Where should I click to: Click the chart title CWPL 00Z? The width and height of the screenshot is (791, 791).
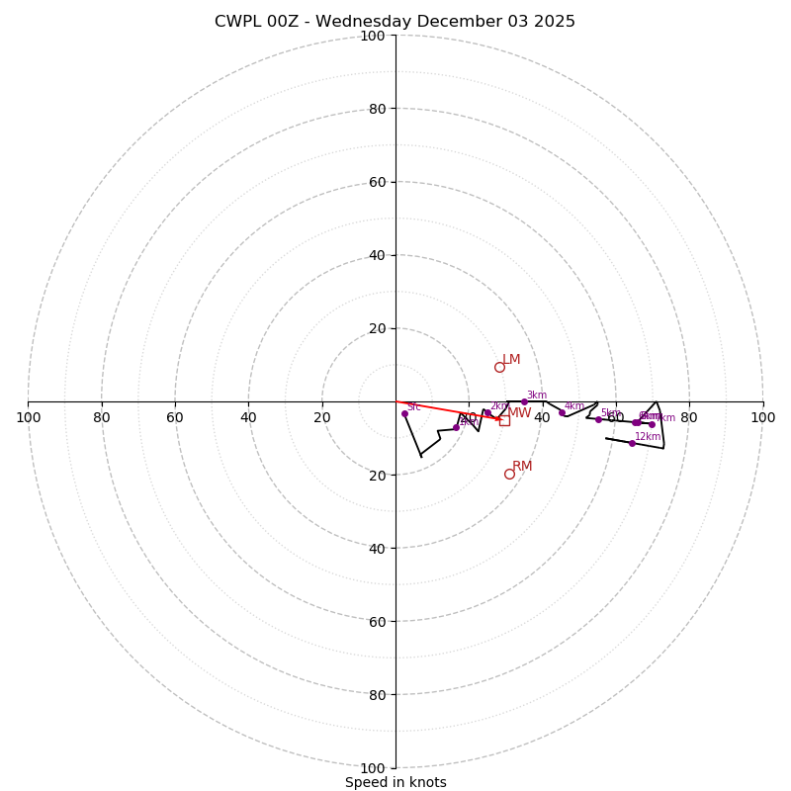[x=395, y=22]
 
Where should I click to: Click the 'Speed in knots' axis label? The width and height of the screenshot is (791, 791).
[x=395, y=782]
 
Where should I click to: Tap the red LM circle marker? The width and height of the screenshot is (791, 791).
[x=499, y=367]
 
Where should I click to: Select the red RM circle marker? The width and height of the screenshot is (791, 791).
[x=509, y=474]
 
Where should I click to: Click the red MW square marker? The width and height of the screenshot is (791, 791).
[x=504, y=420]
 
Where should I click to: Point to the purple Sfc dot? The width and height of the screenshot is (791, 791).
[x=404, y=413]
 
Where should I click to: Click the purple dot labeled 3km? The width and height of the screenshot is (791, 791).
[x=524, y=401]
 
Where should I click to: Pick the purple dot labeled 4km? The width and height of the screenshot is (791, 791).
[x=562, y=412]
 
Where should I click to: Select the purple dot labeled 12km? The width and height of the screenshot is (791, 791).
[x=632, y=443]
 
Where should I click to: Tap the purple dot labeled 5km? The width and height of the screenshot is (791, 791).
[x=598, y=419]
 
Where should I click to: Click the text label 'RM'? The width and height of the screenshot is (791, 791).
[x=522, y=466]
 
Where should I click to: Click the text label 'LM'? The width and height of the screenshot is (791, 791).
[x=511, y=360]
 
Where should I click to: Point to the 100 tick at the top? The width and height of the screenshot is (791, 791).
[x=373, y=36]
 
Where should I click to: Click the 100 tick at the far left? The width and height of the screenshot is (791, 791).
[x=28, y=417]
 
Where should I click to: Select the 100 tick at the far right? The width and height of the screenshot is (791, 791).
[x=762, y=417]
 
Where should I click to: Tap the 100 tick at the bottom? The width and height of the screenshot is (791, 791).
[x=373, y=767]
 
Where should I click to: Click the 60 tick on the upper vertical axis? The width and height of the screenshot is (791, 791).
[x=377, y=182]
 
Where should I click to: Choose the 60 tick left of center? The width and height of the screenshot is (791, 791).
[x=175, y=417]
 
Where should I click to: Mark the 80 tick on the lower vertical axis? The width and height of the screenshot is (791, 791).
[x=377, y=694]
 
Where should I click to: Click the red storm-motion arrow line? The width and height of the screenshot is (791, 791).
[x=445, y=409]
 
